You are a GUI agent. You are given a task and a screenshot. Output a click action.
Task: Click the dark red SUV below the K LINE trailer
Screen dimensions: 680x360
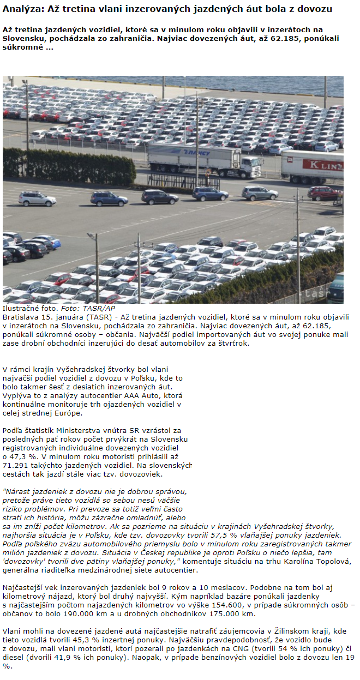coord(323,193)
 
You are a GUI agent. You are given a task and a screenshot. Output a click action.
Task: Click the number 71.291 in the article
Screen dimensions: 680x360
coord(16,465)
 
